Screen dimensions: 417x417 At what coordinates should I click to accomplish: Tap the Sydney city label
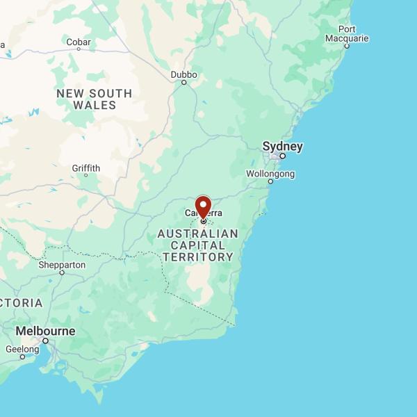pyautogui.click(x=282, y=147)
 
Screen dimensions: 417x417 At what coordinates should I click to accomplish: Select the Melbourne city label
pyautogui.click(x=45, y=331)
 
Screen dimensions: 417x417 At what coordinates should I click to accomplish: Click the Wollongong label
pyautogui.click(x=270, y=173)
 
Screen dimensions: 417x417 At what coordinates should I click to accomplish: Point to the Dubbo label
pyautogui.click(x=184, y=74)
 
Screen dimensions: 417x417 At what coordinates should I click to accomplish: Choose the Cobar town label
pyautogui.click(x=79, y=42)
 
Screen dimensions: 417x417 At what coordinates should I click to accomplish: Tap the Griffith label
pyautogui.click(x=86, y=167)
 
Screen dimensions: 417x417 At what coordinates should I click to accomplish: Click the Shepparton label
pyautogui.click(x=62, y=265)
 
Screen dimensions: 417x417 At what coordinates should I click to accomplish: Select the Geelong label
pyautogui.click(x=22, y=349)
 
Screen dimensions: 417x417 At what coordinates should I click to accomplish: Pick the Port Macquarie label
pyautogui.click(x=347, y=33)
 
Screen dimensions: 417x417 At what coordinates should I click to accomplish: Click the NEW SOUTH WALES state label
pyautogui.click(x=95, y=99)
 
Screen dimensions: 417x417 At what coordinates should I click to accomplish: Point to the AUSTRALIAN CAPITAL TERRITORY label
pyautogui.click(x=197, y=245)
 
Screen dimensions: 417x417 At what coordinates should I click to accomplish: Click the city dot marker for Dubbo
pyautogui.click(x=184, y=83)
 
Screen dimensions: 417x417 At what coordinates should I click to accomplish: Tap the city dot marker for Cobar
pyautogui.click(x=79, y=49)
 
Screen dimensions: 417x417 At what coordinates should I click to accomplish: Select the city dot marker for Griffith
pyautogui.click(x=86, y=175)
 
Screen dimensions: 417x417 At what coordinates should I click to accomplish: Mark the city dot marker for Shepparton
pyautogui.click(x=62, y=272)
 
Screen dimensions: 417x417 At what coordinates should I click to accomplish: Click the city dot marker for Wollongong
pyautogui.click(x=271, y=181)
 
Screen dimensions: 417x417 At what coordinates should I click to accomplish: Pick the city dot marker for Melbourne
pyautogui.click(x=46, y=341)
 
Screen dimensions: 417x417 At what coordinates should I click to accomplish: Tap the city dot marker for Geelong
pyautogui.click(x=22, y=357)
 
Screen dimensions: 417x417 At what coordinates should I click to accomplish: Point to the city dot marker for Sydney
pyautogui.click(x=283, y=156)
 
